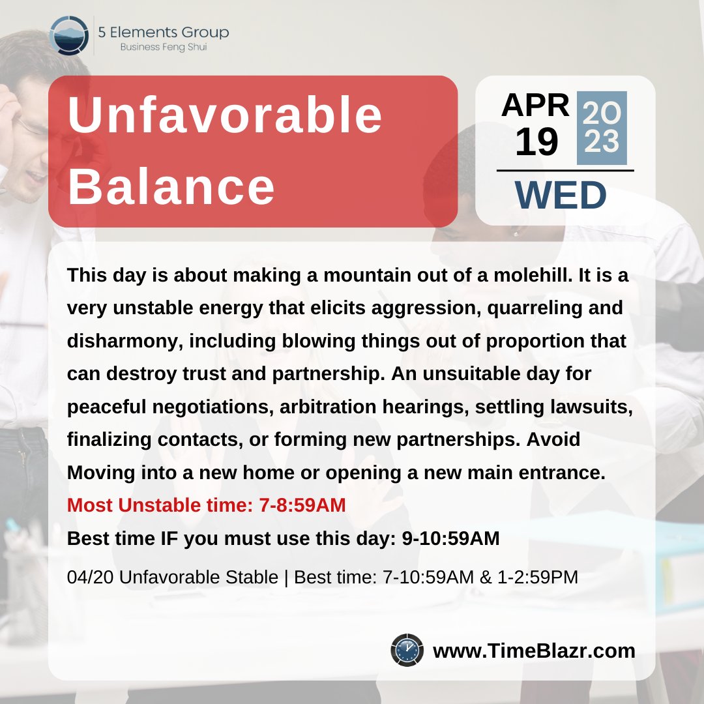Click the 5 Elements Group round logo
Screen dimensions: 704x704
[x=68, y=35]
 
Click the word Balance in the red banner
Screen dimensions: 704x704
[x=171, y=186]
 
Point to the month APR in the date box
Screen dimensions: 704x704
[x=535, y=105]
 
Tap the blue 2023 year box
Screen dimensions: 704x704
[x=602, y=128]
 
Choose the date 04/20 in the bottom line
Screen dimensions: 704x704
[x=89, y=578]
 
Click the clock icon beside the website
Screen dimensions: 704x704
[x=408, y=651]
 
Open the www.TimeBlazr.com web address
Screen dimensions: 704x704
[x=534, y=651]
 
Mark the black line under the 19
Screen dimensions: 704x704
[x=565, y=171]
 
